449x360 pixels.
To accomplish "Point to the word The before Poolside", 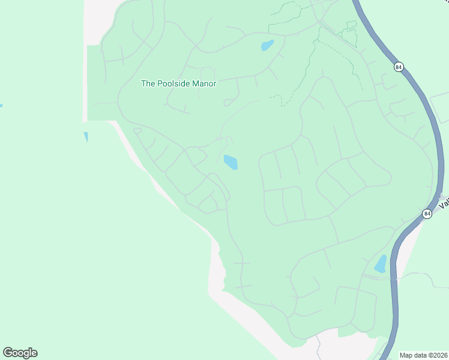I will (148, 84).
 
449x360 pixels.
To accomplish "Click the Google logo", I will (20, 353).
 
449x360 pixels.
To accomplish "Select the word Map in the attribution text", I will (407, 355).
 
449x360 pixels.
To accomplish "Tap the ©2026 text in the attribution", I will (437, 355).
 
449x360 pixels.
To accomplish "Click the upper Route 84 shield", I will (399, 67).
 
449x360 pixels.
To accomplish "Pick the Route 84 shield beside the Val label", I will (427, 214).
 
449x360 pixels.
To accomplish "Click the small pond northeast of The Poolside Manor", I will (267, 45).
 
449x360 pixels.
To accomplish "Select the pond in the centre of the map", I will (231, 162).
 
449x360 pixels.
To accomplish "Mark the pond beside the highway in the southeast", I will (381, 264).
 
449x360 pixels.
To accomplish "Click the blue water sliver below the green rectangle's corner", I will (86, 137).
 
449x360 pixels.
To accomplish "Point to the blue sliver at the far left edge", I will (1, 106).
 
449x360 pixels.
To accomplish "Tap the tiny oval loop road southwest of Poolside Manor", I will (137, 130).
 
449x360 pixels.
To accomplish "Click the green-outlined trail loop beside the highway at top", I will (349, 33).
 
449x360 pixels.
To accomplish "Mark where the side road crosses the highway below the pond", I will (394, 278).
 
